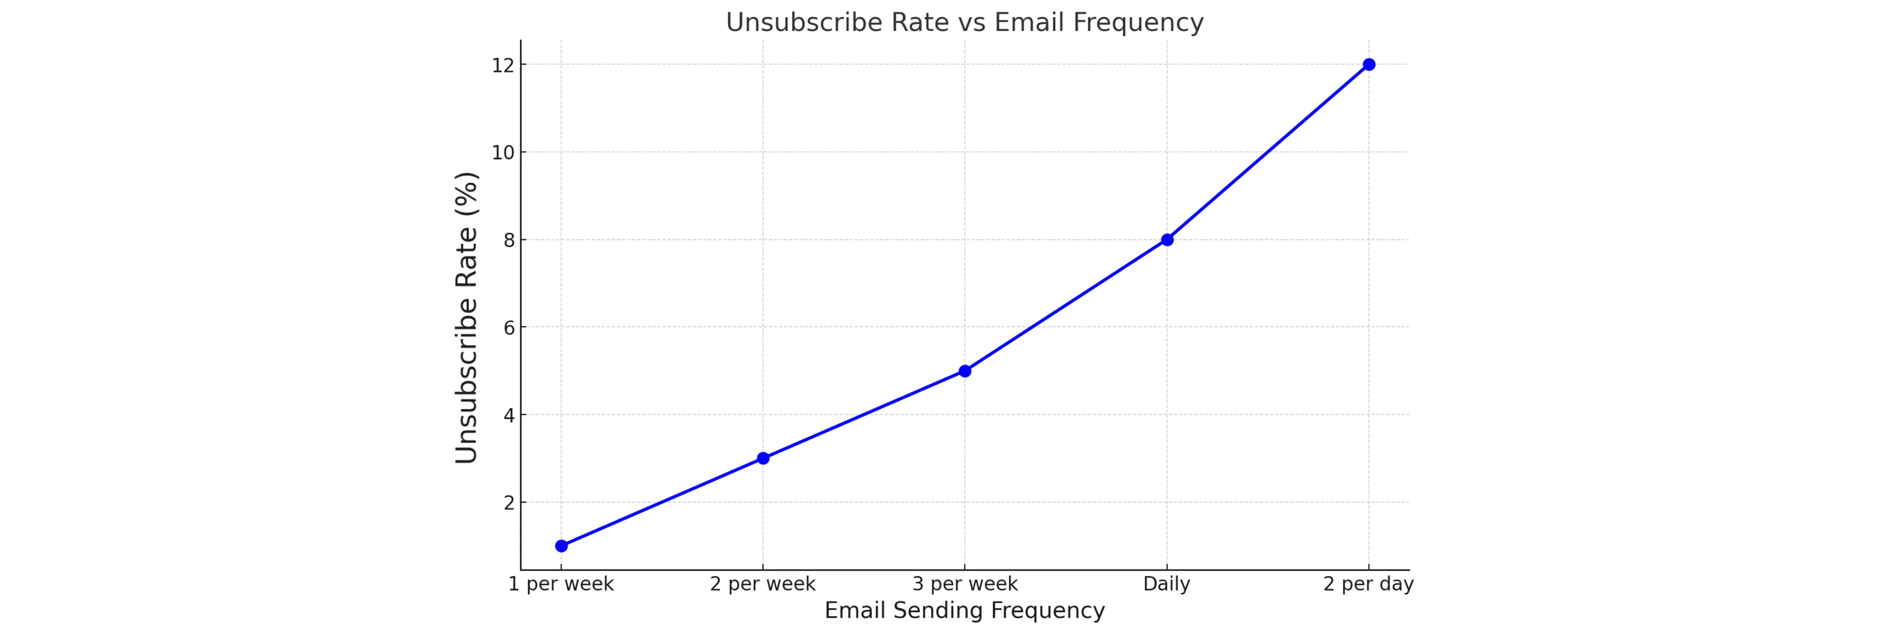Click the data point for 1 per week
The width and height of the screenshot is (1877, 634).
[561, 546]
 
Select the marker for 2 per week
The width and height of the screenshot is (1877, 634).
[763, 459]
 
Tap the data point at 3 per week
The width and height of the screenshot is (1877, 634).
[965, 371]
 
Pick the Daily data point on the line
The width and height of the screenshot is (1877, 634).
[1167, 240]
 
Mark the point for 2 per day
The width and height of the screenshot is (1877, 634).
[1368, 65]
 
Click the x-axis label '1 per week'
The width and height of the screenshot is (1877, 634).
[561, 584]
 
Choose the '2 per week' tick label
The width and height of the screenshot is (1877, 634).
[763, 584]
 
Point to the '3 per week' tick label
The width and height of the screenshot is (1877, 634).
[965, 584]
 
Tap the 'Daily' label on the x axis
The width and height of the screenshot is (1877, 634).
[1167, 584]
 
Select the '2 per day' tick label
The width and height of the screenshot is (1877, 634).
[1368, 584]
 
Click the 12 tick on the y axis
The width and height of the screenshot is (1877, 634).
[503, 65]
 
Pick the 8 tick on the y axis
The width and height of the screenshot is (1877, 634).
[509, 240]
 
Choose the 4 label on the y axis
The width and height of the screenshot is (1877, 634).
[509, 415]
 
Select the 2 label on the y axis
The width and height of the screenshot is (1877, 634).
[509, 503]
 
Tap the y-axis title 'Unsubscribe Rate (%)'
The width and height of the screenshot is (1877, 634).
[466, 317]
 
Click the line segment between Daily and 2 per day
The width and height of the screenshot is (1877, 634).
[1268, 152]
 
